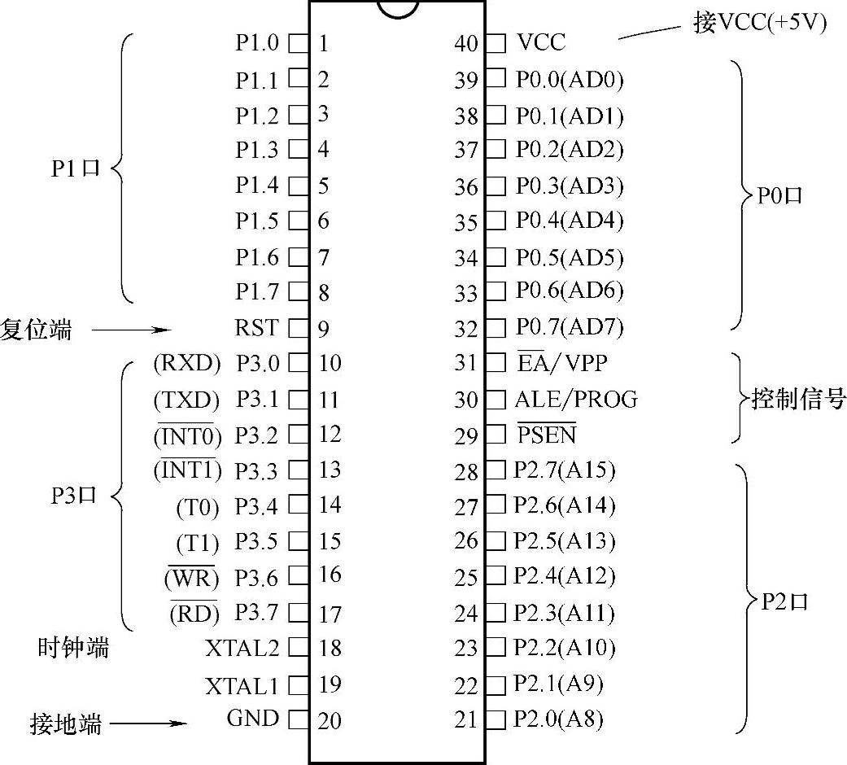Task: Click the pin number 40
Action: [x=467, y=43]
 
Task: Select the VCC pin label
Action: [x=540, y=42]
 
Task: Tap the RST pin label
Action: [x=256, y=328]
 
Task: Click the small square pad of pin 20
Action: [x=299, y=719]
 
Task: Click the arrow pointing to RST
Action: [x=130, y=330]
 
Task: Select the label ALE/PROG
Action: [x=575, y=400]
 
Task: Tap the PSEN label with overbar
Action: [x=546, y=435]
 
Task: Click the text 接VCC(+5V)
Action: [x=759, y=24]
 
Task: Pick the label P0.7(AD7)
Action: [x=570, y=327]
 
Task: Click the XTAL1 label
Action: [x=242, y=686]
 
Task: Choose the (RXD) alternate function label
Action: [x=186, y=364]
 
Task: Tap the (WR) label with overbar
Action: [x=192, y=579]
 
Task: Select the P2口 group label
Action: [x=785, y=603]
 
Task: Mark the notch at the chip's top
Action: [x=398, y=9]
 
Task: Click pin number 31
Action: [x=466, y=363]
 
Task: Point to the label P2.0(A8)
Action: [x=558, y=719]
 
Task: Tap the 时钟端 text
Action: [x=73, y=649]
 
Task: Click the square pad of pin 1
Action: [x=299, y=42]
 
